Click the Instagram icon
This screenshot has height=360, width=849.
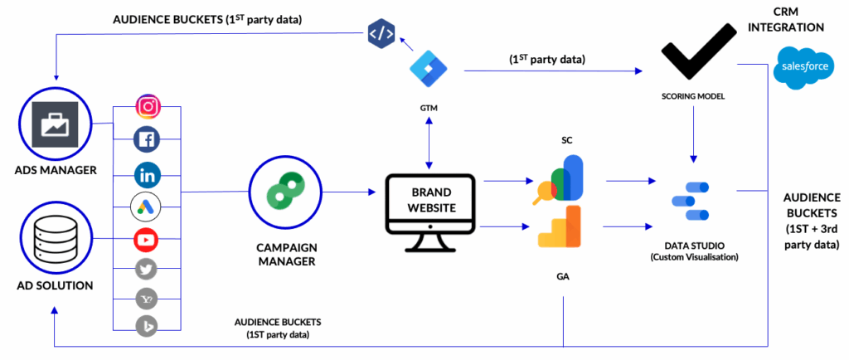[148, 107]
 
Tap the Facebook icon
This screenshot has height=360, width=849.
[148, 140]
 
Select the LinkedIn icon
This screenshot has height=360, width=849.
[148, 175]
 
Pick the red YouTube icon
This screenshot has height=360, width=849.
[147, 241]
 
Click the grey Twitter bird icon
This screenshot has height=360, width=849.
[147, 268]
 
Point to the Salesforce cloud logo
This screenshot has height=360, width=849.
[801, 70]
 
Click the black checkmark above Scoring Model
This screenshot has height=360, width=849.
[695, 54]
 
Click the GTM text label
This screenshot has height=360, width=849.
[429, 109]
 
